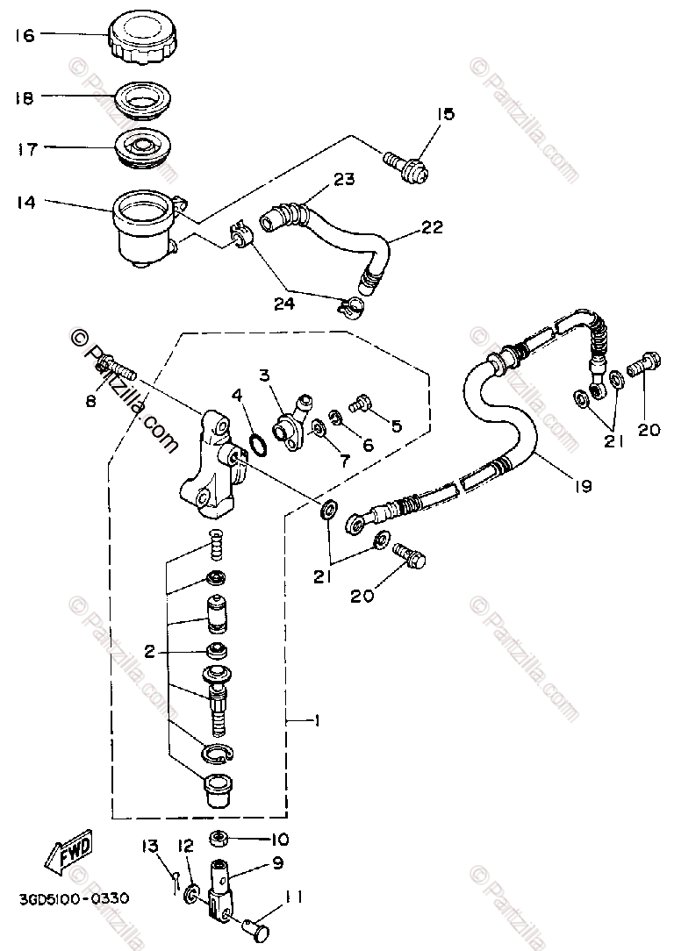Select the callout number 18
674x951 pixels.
(x=24, y=98)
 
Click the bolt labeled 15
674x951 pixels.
(x=406, y=164)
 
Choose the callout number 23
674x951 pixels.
(x=343, y=180)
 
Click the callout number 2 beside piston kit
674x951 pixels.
(x=150, y=652)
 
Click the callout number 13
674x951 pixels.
(x=150, y=847)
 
